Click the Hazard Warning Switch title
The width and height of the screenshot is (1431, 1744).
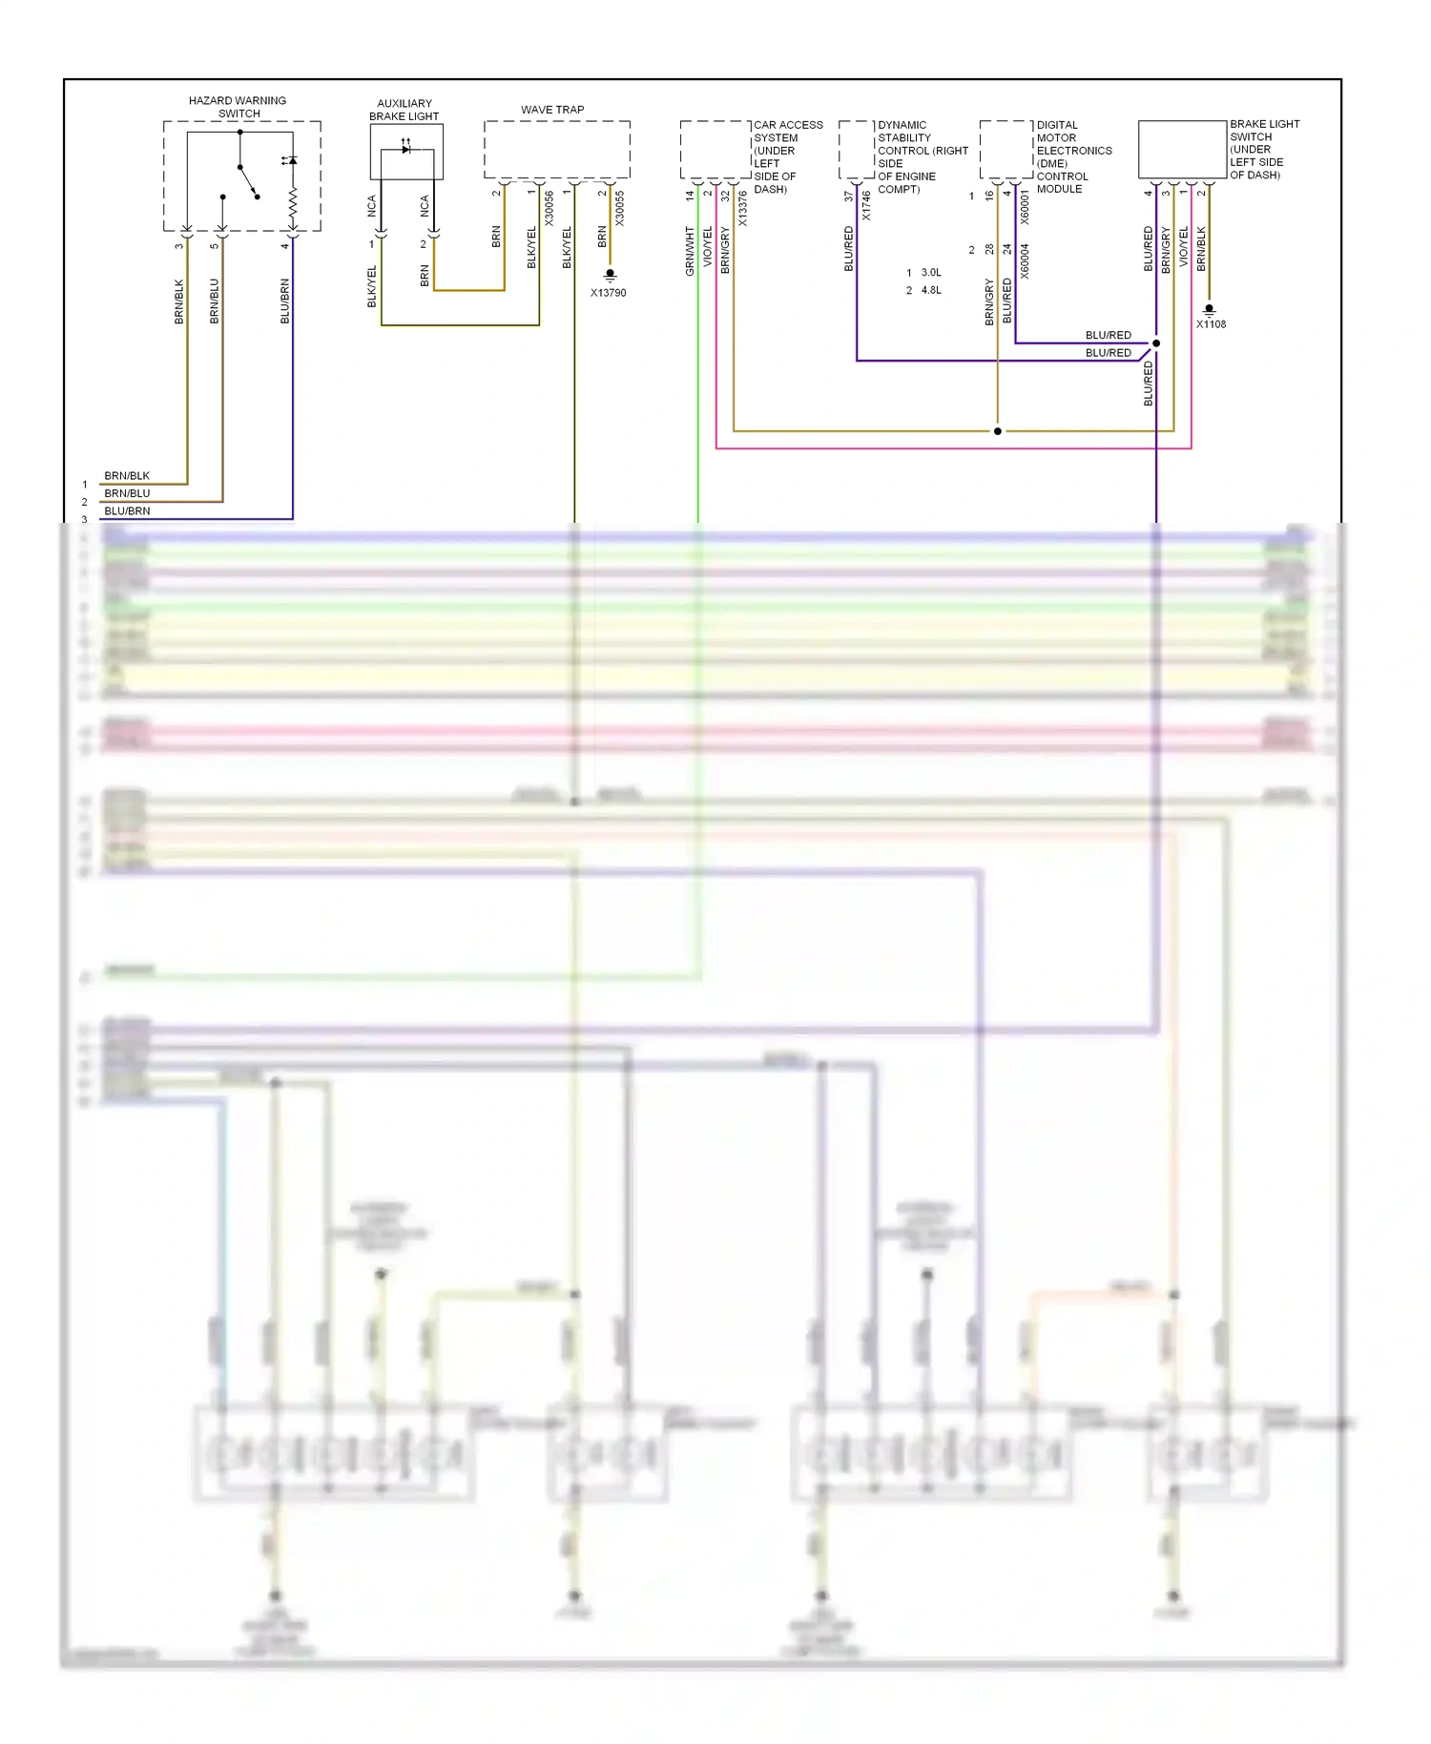(238, 107)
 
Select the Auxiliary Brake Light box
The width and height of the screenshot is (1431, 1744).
(406, 152)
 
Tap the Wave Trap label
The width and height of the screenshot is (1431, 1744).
(552, 110)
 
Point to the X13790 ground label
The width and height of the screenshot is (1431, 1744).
(608, 293)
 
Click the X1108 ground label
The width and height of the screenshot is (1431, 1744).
(1211, 324)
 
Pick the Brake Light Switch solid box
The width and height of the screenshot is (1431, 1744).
(1182, 150)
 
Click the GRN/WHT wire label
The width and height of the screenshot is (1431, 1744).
(690, 251)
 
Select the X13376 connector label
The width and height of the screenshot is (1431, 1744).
(742, 209)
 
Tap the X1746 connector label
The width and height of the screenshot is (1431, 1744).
(866, 206)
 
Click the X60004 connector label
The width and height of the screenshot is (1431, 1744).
(1025, 260)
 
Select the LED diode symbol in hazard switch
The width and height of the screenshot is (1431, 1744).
(291, 160)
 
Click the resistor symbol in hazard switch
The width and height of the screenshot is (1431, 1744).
(292, 202)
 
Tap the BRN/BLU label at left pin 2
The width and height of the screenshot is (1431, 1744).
(127, 493)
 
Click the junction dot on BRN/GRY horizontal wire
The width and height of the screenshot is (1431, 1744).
(998, 431)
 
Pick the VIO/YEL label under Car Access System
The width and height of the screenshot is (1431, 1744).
(707, 246)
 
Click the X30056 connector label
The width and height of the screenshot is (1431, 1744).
(549, 208)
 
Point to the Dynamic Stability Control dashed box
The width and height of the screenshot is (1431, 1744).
(857, 150)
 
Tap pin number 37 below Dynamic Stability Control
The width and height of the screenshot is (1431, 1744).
(848, 197)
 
